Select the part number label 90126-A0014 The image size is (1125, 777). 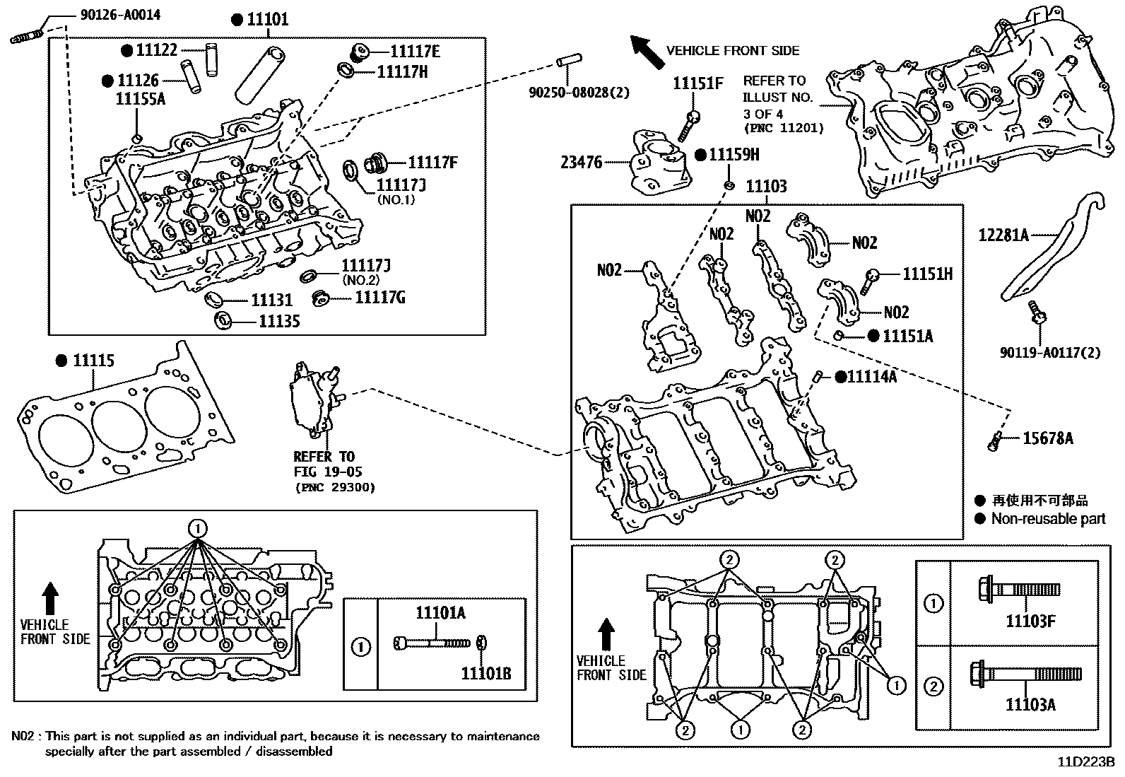click(x=110, y=14)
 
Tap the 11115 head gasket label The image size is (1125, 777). click(x=93, y=361)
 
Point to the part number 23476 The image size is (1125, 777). click(x=581, y=163)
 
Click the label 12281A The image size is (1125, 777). click(x=1003, y=235)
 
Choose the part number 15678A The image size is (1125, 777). click(x=1047, y=439)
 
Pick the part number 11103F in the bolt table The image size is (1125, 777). click(x=1030, y=621)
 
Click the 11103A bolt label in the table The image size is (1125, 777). click(x=1030, y=704)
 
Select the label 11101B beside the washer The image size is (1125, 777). click(x=485, y=674)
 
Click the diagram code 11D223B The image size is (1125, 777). click(x=1085, y=762)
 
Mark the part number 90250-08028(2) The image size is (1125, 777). click(x=579, y=92)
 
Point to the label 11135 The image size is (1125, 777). click(x=279, y=322)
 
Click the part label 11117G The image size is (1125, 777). click(x=379, y=298)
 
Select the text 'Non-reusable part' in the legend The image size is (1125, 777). click(x=1048, y=519)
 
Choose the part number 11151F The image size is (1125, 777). click(x=697, y=83)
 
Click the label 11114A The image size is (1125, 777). click(x=871, y=377)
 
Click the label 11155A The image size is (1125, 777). click(x=140, y=98)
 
